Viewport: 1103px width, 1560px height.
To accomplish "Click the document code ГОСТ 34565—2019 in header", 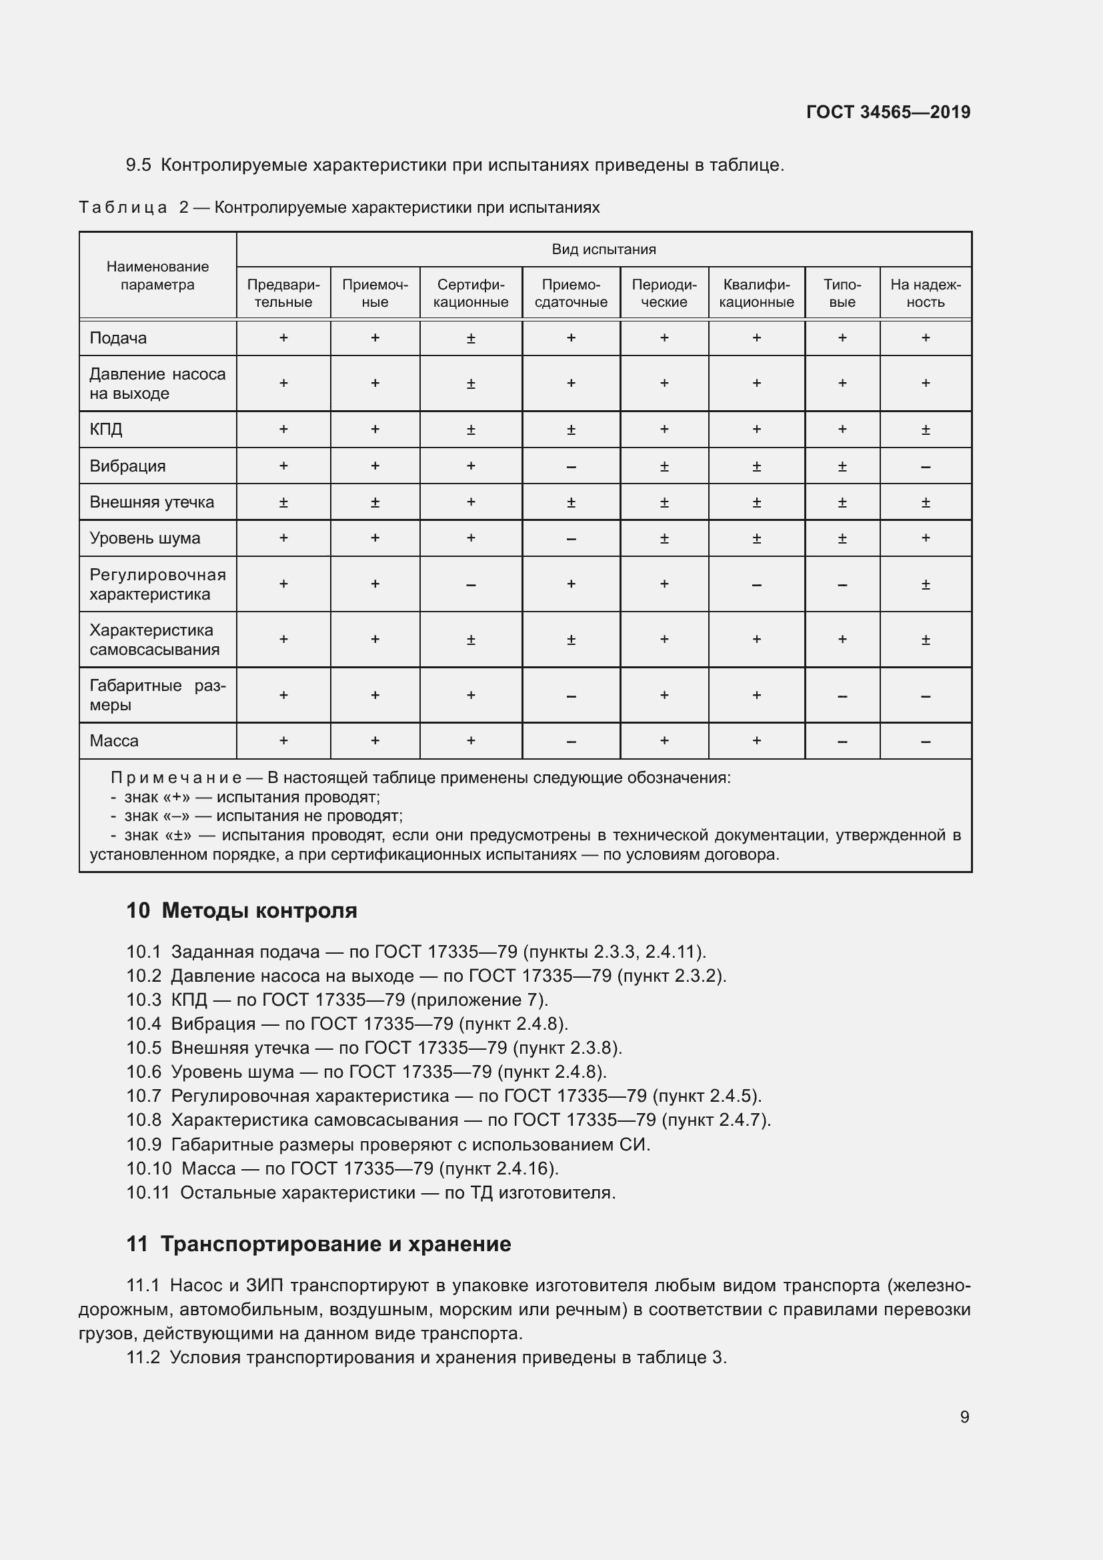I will pyautogui.click(x=888, y=112).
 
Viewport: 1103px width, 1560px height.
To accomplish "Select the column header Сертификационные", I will pyautogui.click(x=471, y=293).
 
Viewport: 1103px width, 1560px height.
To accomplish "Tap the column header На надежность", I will pyautogui.click(x=925, y=293).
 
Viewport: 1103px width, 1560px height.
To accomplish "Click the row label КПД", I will pyautogui.click(x=106, y=430).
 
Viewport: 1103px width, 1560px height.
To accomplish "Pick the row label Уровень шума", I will pyautogui.click(x=145, y=538).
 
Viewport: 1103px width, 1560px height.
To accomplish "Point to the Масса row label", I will pyautogui.click(x=114, y=740).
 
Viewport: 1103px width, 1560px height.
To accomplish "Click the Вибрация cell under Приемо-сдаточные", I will pyautogui.click(x=571, y=467).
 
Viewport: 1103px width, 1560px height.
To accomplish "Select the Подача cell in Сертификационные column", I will pyautogui.click(x=471, y=338).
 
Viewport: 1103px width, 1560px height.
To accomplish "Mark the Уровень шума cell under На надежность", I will pyautogui.click(x=925, y=538).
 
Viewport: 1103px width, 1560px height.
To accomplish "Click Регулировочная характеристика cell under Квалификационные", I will pyautogui.click(x=756, y=585).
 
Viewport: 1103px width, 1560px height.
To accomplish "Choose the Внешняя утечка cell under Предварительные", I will pyautogui.click(x=283, y=503).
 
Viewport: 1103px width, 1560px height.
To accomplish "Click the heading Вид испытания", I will pyautogui.click(x=603, y=249).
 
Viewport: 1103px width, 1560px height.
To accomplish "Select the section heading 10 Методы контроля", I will pyautogui.click(x=241, y=910).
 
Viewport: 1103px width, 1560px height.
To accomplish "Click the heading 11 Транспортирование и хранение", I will pyautogui.click(x=318, y=1244).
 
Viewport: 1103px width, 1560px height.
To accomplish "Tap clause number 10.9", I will pyautogui.click(x=143, y=1145).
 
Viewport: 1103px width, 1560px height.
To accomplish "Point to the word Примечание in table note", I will pyautogui.click(x=176, y=778).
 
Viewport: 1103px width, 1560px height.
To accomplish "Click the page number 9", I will pyautogui.click(x=964, y=1417).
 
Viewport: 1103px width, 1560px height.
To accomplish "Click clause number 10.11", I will pyautogui.click(x=147, y=1193).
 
